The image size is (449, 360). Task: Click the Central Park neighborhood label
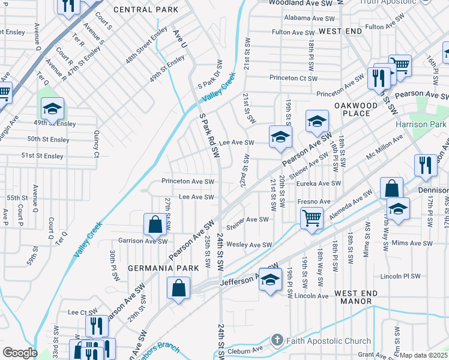click(x=146, y=10)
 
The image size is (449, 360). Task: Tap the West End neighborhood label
click(x=340, y=30)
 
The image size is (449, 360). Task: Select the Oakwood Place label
click(x=356, y=109)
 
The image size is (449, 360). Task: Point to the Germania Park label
click(x=160, y=268)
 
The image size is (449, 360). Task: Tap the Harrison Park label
click(x=421, y=125)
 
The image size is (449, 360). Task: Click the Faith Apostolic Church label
click(x=328, y=341)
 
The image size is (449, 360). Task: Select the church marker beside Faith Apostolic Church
click(x=277, y=341)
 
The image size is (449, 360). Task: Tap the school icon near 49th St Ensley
click(x=52, y=109)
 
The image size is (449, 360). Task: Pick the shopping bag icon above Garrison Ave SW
click(x=155, y=225)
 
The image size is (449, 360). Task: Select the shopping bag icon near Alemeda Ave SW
click(x=391, y=188)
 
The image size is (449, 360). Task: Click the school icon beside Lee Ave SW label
click(x=280, y=137)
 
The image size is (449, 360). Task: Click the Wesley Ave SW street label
click(x=249, y=245)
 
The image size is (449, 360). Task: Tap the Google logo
click(x=20, y=353)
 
